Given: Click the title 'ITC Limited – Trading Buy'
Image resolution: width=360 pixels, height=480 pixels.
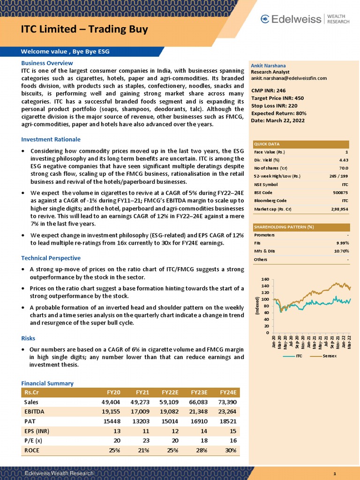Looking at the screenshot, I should pos(84,30).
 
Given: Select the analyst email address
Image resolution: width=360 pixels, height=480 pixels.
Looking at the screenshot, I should pos(289,78).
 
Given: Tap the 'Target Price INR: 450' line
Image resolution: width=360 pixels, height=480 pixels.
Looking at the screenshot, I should pos(277,98).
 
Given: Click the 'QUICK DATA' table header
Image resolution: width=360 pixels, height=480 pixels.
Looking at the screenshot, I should pos(267,144).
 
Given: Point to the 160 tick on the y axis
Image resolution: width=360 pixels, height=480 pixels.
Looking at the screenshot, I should pos(265,279).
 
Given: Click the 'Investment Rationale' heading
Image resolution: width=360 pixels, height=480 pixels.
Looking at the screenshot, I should pos(51,139).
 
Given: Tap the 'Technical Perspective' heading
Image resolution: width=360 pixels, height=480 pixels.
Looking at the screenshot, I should pos(51,258).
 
